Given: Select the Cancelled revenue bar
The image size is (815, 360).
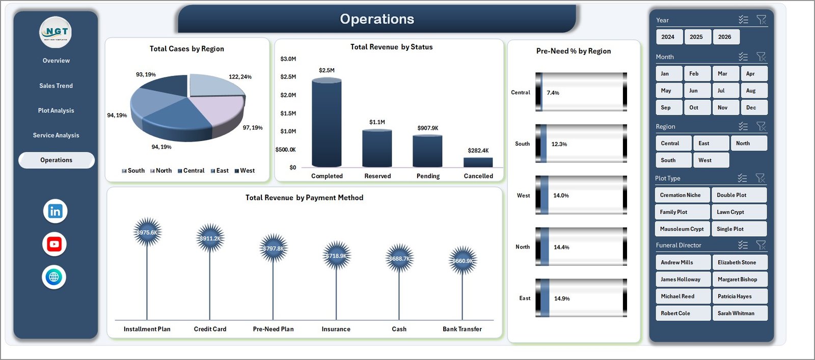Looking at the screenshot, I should pyautogui.click(x=478, y=162).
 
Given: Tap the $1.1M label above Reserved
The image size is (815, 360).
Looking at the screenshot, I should pyautogui.click(x=377, y=122).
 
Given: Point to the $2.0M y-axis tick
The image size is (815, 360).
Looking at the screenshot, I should pyautogui.click(x=288, y=95).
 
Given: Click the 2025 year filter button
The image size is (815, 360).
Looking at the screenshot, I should pyautogui.click(x=696, y=37).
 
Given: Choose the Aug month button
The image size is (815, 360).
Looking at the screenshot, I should pyautogui.click(x=753, y=91).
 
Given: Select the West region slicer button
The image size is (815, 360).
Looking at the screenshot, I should pyautogui.click(x=711, y=160).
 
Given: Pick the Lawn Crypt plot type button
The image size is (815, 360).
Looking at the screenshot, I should pyautogui.click(x=739, y=212).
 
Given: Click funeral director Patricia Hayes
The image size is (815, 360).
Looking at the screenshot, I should pyautogui.click(x=739, y=296).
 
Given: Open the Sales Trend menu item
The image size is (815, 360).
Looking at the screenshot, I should pyautogui.click(x=56, y=86).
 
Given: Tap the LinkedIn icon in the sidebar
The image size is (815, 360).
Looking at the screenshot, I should pyautogui.click(x=55, y=211).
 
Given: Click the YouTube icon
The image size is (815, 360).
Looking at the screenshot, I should pyautogui.click(x=55, y=244).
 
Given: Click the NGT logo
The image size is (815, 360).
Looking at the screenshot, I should pyautogui.click(x=56, y=32).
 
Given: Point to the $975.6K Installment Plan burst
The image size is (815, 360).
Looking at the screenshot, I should pyautogui.click(x=147, y=233).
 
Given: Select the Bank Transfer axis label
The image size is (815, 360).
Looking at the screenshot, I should pyautogui.click(x=462, y=329).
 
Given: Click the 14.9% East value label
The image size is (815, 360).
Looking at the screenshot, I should pyautogui.click(x=562, y=298).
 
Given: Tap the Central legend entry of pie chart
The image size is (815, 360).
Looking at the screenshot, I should pyautogui.click(x=191, y=171).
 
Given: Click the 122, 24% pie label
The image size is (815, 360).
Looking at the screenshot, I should pyautogui.click(x=240, y=77).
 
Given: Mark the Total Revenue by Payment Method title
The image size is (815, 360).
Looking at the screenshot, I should pyautogui.click(x=304, y=198).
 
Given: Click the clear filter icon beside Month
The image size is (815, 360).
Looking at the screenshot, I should pyautogui.click(x=761, y=57).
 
